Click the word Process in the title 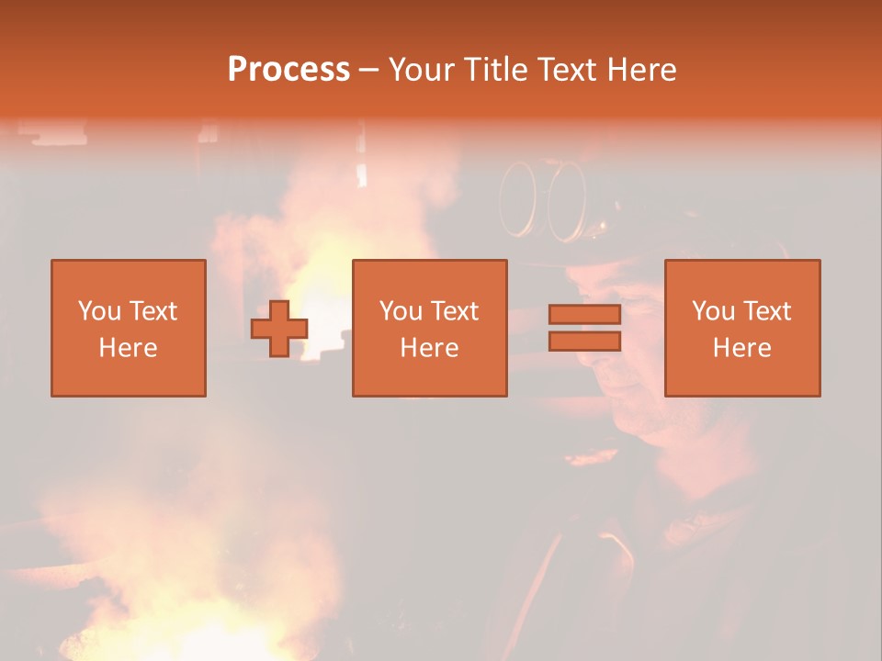click(288, 70)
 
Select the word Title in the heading click(494, 70)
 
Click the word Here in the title click(640, 70)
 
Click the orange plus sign click(279, 329)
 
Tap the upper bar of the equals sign click(584, 315)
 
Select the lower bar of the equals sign click(584, 342)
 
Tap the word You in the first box click(99, 311)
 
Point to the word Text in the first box click(153, 311)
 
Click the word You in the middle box click(401, 311)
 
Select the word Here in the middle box click(430, 348)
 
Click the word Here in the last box click(742, 348)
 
